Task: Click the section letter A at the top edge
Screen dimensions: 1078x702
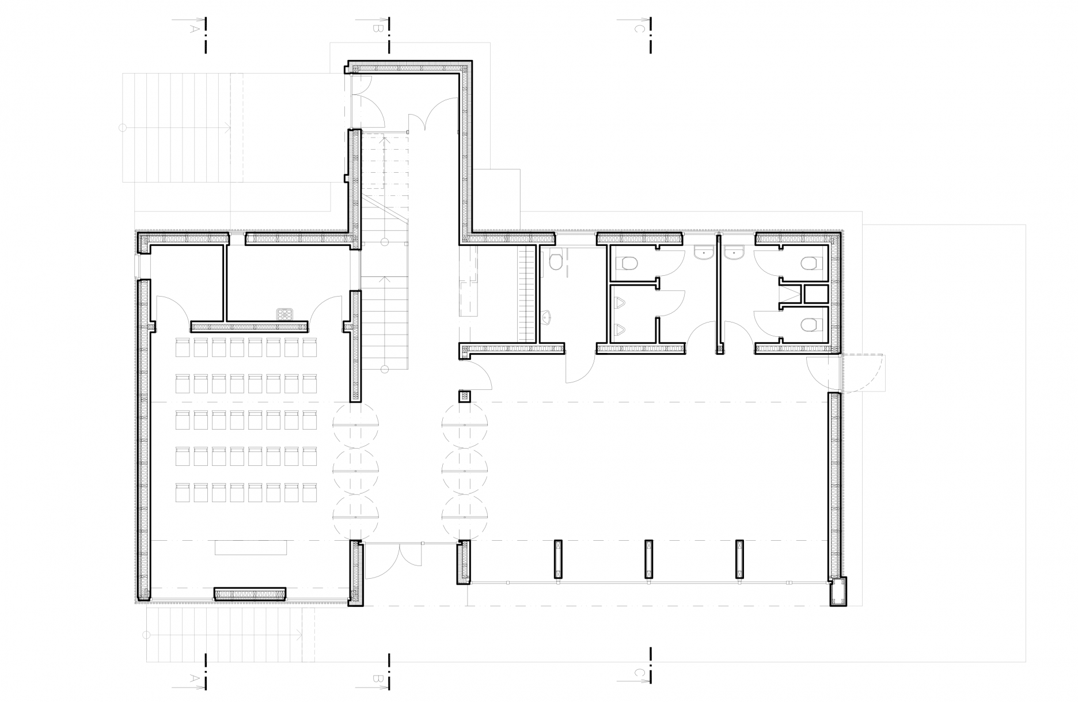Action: pyautogui.click(x=195, y=28)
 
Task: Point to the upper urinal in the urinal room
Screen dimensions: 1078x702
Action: pyautogui.click(x=620, y=303)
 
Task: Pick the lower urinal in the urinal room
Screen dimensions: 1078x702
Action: pyautogui.click(x=620, y=330)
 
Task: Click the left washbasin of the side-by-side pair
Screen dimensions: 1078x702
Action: pyautogui.click(x=704, y=253)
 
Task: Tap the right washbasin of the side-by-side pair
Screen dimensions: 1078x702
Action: pyautogui.click(x=735, y=253)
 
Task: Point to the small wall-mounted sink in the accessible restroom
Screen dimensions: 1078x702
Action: pyautogui.click(x=548, y=317)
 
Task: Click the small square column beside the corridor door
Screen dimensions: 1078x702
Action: pyautogui.click(x=465, y=396)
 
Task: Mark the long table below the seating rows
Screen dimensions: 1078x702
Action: pyautogui.click(x=251, y=547)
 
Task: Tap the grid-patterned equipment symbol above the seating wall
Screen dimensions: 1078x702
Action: pyautogui.click(x=284, y=314)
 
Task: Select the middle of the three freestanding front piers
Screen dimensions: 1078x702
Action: pyautogui.click(x=648, y=559)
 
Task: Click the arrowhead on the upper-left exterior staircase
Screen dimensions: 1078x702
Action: pyautogui.click(x=228, y=127)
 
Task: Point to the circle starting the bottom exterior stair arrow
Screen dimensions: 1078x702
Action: pyautogui.click(x=146, y=635)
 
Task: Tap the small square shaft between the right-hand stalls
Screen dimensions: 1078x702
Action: pyautogui.click(x=814, y=294)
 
